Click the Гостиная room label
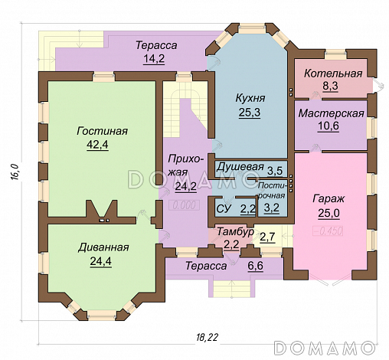click(102, 132)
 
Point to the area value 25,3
click(250, 113)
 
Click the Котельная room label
click(332, 74)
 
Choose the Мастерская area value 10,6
click(332, 126)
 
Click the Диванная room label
click(102, 247)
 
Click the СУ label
click(224, 207)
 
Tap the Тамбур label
click(231, 231)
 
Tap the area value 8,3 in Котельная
click(332, 87)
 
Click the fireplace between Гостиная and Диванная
click(101, 212)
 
